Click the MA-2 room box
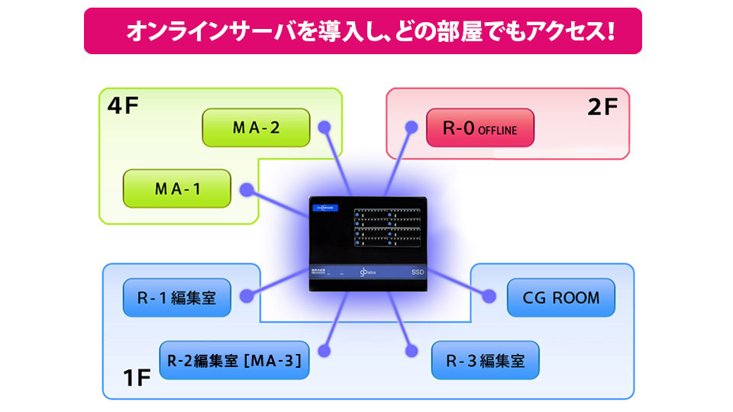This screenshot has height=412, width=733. [x=256, y=127]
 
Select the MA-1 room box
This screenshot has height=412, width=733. [x=177, y=188]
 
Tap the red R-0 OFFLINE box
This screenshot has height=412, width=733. [x=480, y=128]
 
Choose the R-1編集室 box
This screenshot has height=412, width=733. [x=177, y=298]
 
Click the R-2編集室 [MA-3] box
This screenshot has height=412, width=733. [x=234, y=359]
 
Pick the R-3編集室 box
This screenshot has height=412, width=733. [x=485, y=360]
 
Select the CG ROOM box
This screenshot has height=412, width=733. [x=560, y=298]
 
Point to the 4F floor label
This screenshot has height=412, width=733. [x=122, y=105]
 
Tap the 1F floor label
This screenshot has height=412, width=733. [x=139, y=377]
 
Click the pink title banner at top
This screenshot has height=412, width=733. [x=363, y=31]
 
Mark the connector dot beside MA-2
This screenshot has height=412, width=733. [x=325, y=127]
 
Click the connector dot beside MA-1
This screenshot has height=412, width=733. [x=246, y=188]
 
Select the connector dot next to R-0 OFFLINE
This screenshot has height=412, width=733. [x=411, y=127]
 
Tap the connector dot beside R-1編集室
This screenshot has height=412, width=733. [x=247, y=295]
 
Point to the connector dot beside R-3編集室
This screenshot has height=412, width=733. [x=412, y=351]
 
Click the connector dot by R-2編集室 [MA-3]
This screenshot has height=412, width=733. [x=324, y=351]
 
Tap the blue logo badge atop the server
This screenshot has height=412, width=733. [x=324, y=206]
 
